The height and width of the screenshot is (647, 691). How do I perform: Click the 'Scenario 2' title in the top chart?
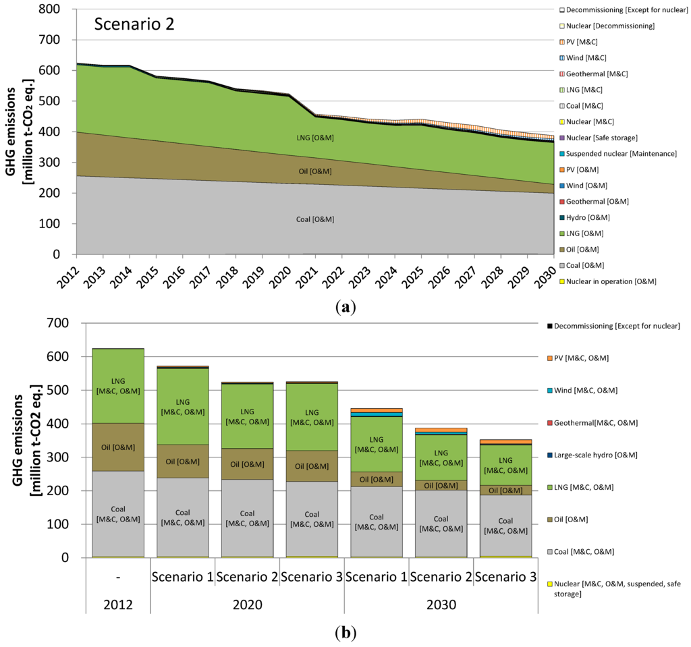coord(135,24)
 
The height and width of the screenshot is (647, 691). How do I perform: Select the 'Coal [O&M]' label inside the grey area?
coord(316,219)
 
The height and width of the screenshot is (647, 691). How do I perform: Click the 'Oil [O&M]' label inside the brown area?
coord(316,171)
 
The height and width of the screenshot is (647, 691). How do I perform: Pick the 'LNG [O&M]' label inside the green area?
coord(316,138)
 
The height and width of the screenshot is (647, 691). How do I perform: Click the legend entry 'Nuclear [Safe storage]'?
coord(602,138)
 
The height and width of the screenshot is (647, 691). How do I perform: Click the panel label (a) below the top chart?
coord(345,308)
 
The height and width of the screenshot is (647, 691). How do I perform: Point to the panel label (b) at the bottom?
coord(345,634)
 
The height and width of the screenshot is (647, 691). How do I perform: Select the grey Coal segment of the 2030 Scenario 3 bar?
coord(505,526)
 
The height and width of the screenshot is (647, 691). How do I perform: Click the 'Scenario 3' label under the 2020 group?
coord(312,578)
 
